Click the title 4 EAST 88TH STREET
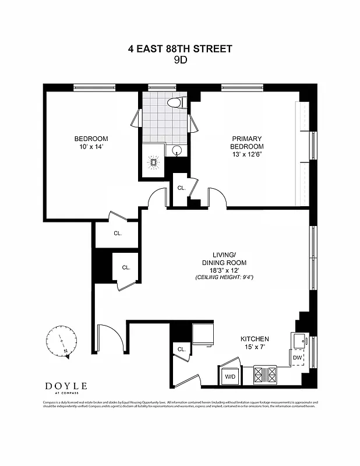click(180, 49)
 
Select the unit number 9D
click(180, 60)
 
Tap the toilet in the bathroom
click(175, 103)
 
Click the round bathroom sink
click(177, 151)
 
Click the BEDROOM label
click(91, 139)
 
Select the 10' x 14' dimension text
click(91, 147)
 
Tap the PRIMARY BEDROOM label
click(248, 143)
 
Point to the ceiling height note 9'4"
click(224, 277)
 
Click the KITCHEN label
click(255, 339)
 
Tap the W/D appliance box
click(230, 377)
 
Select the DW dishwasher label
click(297, 358)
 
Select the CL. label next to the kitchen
click(181, 349)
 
